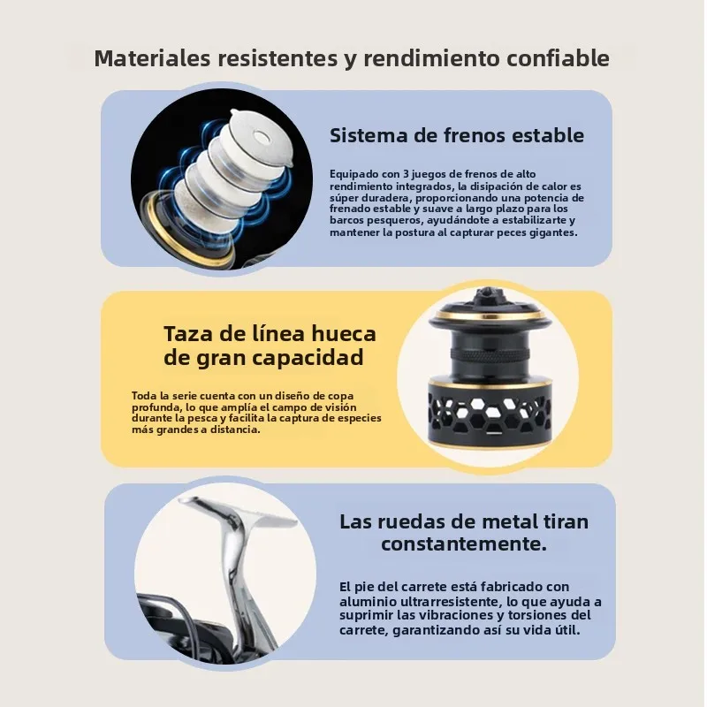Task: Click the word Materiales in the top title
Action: (153, 58)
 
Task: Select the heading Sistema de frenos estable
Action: (457, 135)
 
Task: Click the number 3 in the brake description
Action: (406, 174)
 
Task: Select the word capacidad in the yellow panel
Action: (308, 358)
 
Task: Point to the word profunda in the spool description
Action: (151, 407)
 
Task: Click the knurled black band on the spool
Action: (490, 354)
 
